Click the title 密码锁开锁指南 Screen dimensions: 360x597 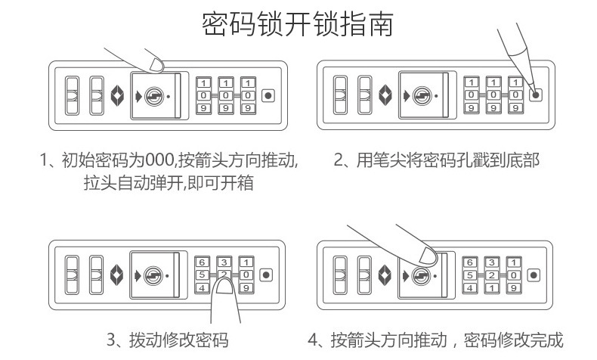click(x=298, y=24)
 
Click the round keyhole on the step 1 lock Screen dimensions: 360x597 click(x=154, y=96)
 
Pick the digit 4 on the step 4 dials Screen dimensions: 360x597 click(x=469, y=288)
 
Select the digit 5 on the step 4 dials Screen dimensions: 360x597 click(x=469, y=275)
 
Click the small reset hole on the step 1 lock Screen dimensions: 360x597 click(x=267, y=96)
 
